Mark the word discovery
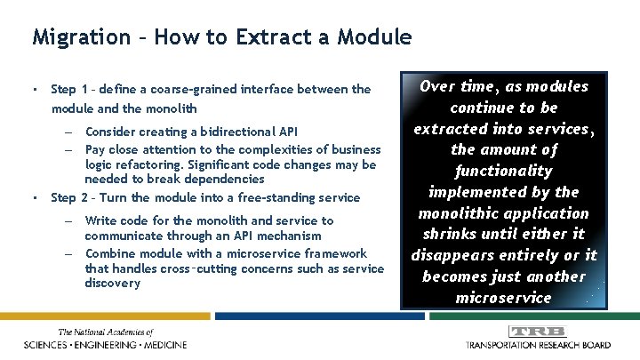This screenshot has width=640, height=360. pos(112,283)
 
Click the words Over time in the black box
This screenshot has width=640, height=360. pos(453,87)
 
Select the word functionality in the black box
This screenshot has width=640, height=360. pos(503,171)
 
